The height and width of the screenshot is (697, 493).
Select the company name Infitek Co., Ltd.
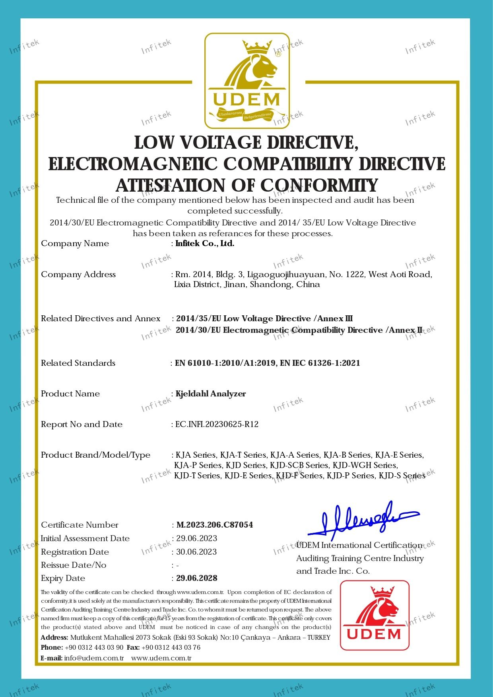[x=205, y=243]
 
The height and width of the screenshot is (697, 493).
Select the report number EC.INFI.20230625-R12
[x=217, y=424]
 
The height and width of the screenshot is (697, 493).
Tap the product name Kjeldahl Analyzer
[x=211, y=394]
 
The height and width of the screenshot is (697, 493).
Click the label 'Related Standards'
[x=78, y=363]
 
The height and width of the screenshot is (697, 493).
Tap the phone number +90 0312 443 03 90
[x=94, y=647]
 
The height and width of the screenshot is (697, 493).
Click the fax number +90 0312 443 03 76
[x=171, y=647]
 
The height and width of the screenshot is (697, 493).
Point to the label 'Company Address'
[x=78, y=274]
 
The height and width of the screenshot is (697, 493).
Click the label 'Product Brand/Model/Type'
[x=95, y=455]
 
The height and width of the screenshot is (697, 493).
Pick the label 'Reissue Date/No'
[x=74, y=565]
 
